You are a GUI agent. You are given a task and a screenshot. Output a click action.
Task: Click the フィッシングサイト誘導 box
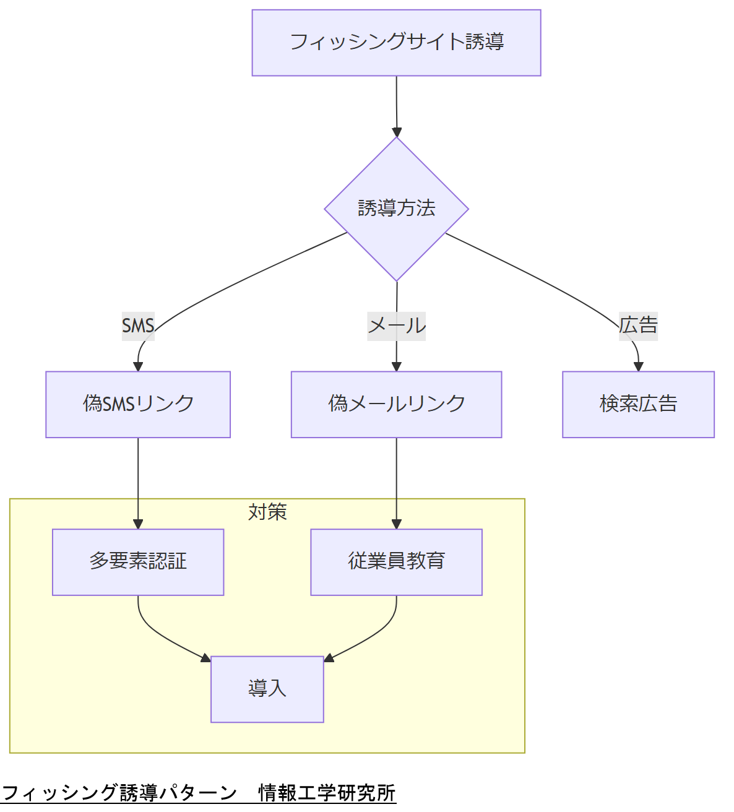(x=396, y=43)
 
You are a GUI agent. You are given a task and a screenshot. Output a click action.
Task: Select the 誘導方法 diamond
(x=396, y=209)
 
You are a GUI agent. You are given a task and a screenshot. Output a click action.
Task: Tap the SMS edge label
(x=138, y=326)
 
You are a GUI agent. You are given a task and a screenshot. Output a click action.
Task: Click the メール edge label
(x=396, y=326)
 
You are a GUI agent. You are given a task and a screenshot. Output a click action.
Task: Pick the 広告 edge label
(x=638, y=326)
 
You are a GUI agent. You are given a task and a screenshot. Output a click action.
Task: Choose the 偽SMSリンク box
(x=138, y=404)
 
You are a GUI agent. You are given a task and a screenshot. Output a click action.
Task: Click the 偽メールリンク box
(x=396, y=404)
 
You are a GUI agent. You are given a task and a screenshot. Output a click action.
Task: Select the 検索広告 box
(x=638, y=404)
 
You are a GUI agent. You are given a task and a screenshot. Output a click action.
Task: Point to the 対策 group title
(x=267, y=512)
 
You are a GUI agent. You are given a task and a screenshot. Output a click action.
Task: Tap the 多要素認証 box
(x=138, y=562)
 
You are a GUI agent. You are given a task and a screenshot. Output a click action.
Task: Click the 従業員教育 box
(x=396, y=562)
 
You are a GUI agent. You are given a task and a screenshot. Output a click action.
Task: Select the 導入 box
(x=267, y=689)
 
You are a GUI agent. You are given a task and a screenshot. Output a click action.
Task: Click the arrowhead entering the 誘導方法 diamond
(x=397, y=132)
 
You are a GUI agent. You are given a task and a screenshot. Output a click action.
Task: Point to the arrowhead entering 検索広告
(x=638, y=366)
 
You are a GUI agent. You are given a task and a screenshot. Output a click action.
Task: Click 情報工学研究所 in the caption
(x=327, y=793)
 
